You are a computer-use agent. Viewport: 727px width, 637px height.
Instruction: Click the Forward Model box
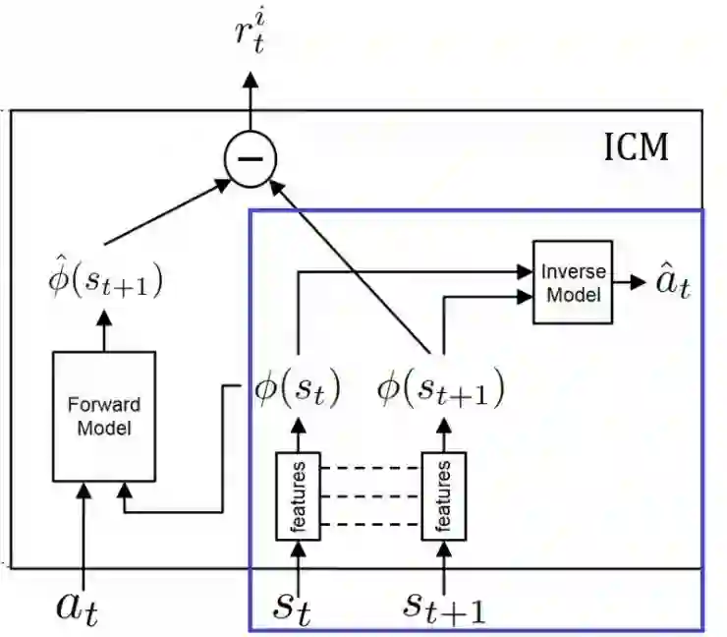[103, 415]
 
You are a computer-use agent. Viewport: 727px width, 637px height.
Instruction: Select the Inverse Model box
[573, 282]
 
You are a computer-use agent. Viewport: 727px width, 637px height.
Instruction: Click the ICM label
[635, 147]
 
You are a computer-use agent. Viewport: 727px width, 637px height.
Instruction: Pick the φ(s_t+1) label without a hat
[440, 390]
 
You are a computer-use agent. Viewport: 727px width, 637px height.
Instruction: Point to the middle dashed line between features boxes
[370, 494]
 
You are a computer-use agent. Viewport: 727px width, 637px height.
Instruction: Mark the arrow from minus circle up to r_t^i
[252, 108]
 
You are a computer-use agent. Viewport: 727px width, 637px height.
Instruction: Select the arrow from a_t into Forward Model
[84, 531]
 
